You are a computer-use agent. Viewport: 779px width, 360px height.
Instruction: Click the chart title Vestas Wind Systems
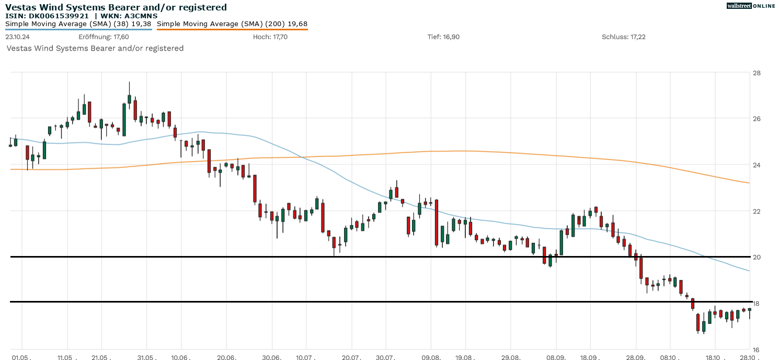(x=116, y=7)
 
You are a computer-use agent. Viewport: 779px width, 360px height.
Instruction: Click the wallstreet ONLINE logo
(x=751, y=6)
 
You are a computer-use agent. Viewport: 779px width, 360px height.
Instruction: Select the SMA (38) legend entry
(x=78, y=24)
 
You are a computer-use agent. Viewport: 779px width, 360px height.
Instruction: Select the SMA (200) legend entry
(x=232, y=24)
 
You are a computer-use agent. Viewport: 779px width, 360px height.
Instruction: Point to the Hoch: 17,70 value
(x=270, y=37)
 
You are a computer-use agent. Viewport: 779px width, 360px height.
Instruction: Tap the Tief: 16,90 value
(x=443, y=37)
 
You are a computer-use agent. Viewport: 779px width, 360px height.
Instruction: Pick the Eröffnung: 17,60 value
(x=104, y=37)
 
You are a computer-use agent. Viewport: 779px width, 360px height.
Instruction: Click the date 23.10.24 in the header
(x=17, y=37)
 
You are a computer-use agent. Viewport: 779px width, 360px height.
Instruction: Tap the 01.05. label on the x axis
(x=21, y=357)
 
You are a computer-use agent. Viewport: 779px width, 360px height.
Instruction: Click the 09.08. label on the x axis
(x=430, y=357)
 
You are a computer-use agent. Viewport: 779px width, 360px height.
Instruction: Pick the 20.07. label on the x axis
(x=351, y=357)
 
